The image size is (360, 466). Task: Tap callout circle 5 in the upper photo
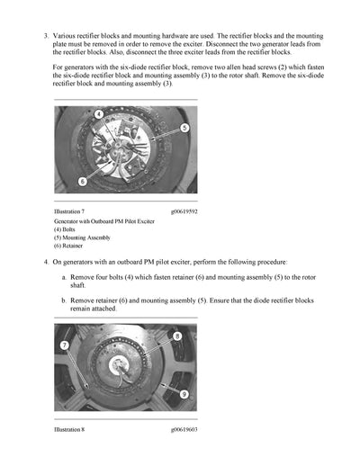click(184, 128)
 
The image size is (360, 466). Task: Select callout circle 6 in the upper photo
click(82, 181)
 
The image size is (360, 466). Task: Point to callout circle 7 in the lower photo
click(65, 346)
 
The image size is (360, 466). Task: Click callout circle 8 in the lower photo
click(176, 336)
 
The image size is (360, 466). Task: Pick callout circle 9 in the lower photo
click(184, 394)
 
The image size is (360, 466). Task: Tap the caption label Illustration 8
click(69, 429)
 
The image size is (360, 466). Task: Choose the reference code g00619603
click(184, 429)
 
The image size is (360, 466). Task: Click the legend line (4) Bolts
click(69, 229)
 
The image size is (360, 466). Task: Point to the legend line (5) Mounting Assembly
click(83, 237)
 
